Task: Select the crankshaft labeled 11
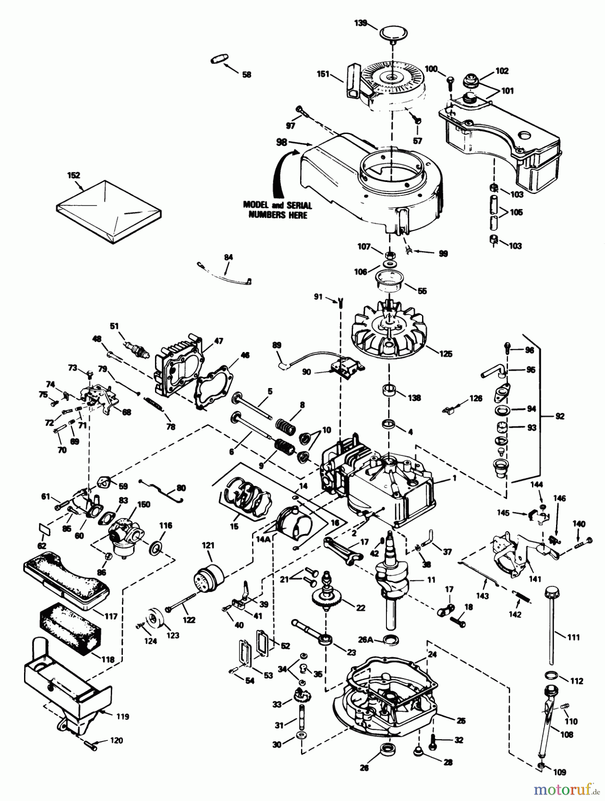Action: pos(391,574)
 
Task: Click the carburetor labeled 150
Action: pos(126,534)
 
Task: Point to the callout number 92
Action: pos(560,416)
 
